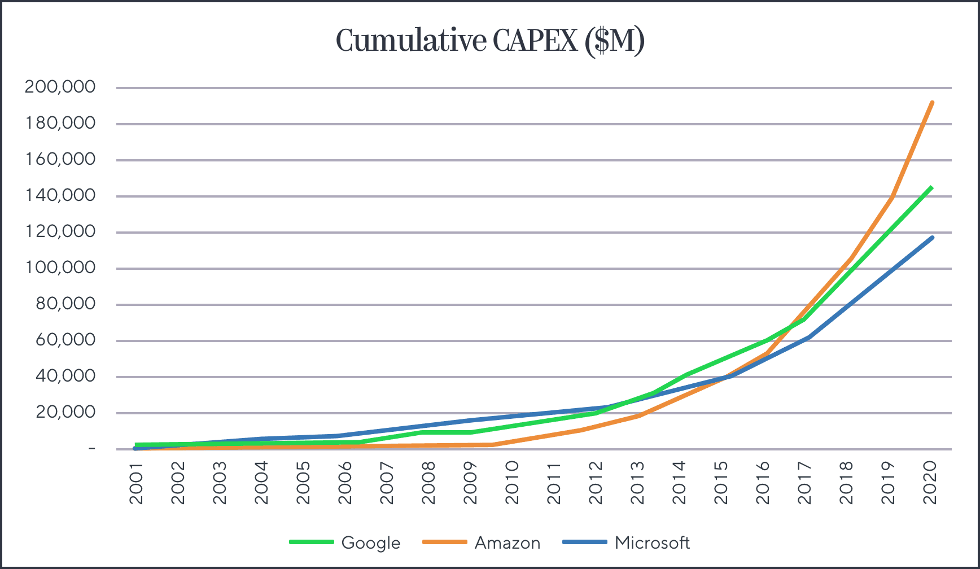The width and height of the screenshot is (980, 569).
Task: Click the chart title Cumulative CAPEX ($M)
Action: pyautogui.click(x=490, y=41)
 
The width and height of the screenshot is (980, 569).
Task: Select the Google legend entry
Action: pyautogui.click(x=345, y=542)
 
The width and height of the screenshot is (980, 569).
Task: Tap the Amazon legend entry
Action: pyautogui.click(x=482, y=542)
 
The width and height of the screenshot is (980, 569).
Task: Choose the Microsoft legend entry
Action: pyautogui.click(x=626, y=542)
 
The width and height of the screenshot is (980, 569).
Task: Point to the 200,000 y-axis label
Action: pyautogui.click(x=60, y=87)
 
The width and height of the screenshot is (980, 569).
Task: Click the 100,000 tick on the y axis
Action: pyautogui.click(x=60, y=268)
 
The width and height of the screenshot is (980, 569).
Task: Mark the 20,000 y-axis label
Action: pyautogui.click(x=65, y=412)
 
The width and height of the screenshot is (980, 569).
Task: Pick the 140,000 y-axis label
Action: pyautogui.click(x=60, y=195)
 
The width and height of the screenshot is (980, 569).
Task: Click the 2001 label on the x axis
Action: pyautogui.click(x=136, y=483)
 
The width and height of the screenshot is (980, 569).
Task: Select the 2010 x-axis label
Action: pyautogui.click(x=512, y=483)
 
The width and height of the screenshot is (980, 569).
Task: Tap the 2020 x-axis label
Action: pyautogui.click(x=930, y=483)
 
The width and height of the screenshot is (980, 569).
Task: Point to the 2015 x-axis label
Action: pyautogui.click(x=721, y=483)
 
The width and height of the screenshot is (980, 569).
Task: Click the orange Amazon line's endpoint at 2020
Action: pyautogui.click(x=932, y=103)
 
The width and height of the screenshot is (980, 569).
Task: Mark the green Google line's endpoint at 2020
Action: pyautogui.click(x=931, y=187)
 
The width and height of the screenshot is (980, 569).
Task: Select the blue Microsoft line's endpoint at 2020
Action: pyautogui.click(x=932, y=238)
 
